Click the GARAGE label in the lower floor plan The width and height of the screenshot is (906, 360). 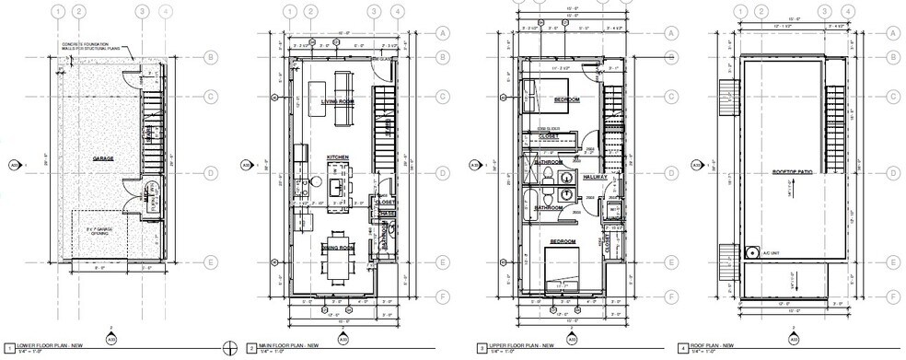pos(102,158)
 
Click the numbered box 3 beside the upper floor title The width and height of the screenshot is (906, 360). pos(481,348)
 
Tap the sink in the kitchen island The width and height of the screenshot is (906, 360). pos(337,184)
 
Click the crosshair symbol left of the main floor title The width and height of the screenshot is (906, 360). pos(231,347)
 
